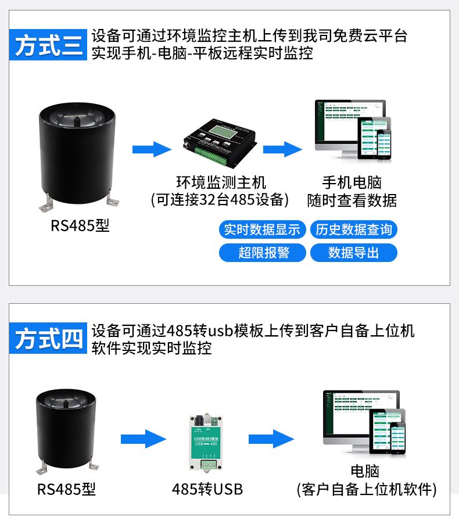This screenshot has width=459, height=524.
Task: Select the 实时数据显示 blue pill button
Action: tap(262, 229)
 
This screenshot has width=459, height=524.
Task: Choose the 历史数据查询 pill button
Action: tap(354, 229)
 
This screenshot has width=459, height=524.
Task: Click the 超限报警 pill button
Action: tap(262, 253)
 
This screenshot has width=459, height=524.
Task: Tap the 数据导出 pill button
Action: tap(354, 253)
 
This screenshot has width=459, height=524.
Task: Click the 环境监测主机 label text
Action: tap(221, 183)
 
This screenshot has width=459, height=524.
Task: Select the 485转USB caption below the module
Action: tap(207, 489)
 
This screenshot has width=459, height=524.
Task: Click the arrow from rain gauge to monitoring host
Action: tap(152, 149)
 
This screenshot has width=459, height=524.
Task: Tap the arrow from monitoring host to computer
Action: tap(283, 149)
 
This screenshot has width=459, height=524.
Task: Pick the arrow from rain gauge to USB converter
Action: tap(144, 439)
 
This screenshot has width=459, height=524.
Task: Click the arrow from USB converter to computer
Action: tap(271, 439)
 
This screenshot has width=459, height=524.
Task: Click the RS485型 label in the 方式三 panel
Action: tap(80, 225)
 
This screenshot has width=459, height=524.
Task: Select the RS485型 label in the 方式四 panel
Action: tap(66, 489)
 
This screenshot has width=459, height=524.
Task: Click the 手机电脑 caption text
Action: tap(352, 183)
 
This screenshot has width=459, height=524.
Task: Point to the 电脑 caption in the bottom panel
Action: tap(365, 472)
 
